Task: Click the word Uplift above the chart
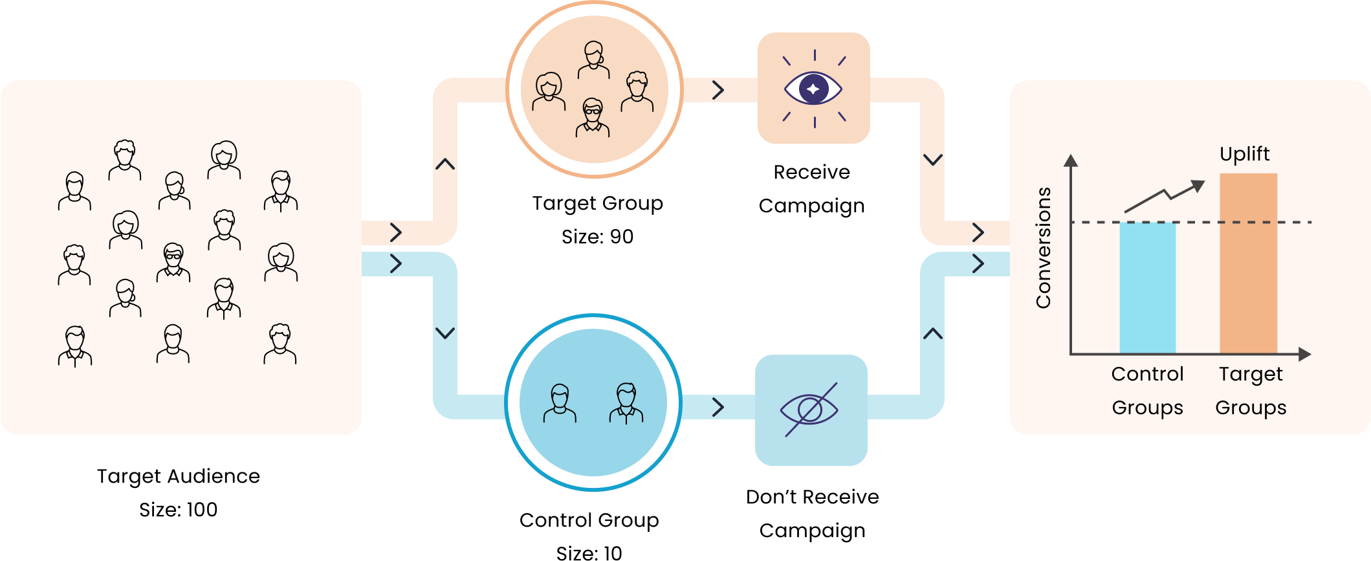click(1244, 154)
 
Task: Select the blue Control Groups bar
click(1147, 287)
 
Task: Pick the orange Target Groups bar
click(1248, 263)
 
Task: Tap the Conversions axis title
click(1043, 247)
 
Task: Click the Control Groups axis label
click(1147, 391)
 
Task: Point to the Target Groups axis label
click(1251, 391)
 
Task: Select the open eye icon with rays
click(813, 89)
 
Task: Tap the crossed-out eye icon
click(810, 410)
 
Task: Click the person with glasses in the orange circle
click(593, 118)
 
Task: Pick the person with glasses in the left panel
click(173, 262)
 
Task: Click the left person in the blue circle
click(560, 404)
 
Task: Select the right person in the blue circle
click(626, 404)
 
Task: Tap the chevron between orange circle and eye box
click(718, 90)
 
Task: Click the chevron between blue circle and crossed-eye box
click(718, 407)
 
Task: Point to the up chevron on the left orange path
click(445, 164)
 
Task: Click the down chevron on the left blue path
click(445, 333)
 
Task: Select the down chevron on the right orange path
click(932, 159)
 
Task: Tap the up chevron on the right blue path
click(932, 334)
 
